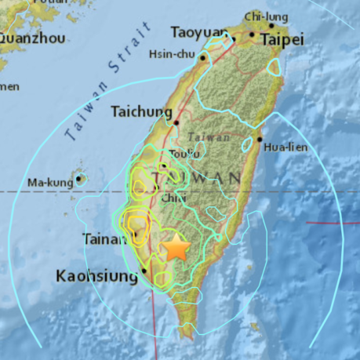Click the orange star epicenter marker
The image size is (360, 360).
pyautogui.click(x=176, y=249)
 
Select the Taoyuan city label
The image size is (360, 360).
pyautogui.click(x=198, y=32)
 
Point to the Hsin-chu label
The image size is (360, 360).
pyautogui.click(x=173, y=54)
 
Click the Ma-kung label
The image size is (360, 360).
pyautogui.click(x=50, y=183)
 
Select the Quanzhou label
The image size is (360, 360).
pyautogui.click(x=29, y=37)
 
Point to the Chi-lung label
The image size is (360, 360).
pyautogui.click(x=262, y=16)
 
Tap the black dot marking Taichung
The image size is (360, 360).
pyautogui.click(x=177, y=122)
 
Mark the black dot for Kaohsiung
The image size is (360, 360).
pyautogui.click(x=144, y=273)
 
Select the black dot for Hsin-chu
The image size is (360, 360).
pyautogui.click(x=203, y=57)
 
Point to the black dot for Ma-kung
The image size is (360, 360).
pyautogui.click(x=80, y=180)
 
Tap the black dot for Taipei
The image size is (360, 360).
pyautogui.click(x=252, y=35)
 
